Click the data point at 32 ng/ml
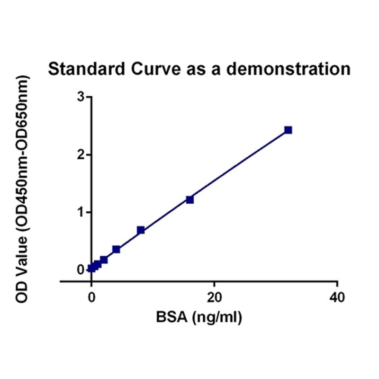(288, 130)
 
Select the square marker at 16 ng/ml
(190, 199)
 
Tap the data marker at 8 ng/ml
(141, 230)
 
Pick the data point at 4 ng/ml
(116, 249)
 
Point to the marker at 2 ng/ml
(104, 260)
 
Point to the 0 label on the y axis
(81, 269)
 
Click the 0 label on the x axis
(91, 298)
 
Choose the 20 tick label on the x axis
(214, 298)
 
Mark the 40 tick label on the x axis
(337, 298)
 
